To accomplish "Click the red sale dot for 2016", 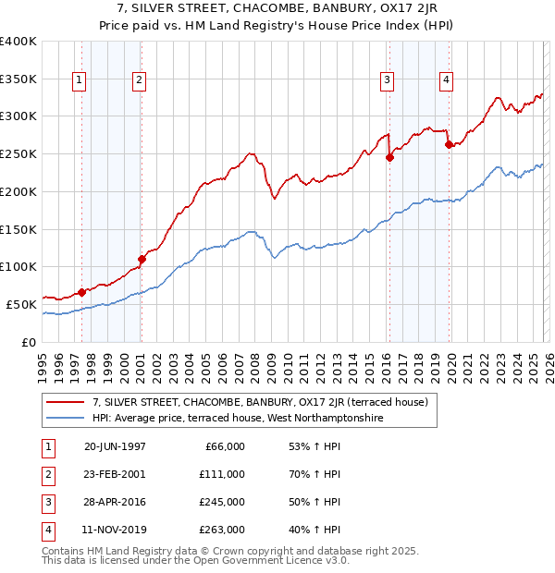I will pyautogui.click(x=389, y=157).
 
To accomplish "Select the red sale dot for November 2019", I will pyautogui.click(x=449, y=144).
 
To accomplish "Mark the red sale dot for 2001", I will pyautogui.click(x=142, y=259).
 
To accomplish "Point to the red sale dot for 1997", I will pyautogui.click(x=81, y=292).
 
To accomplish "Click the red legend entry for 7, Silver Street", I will pyautogui.click(x=260, y=402).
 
